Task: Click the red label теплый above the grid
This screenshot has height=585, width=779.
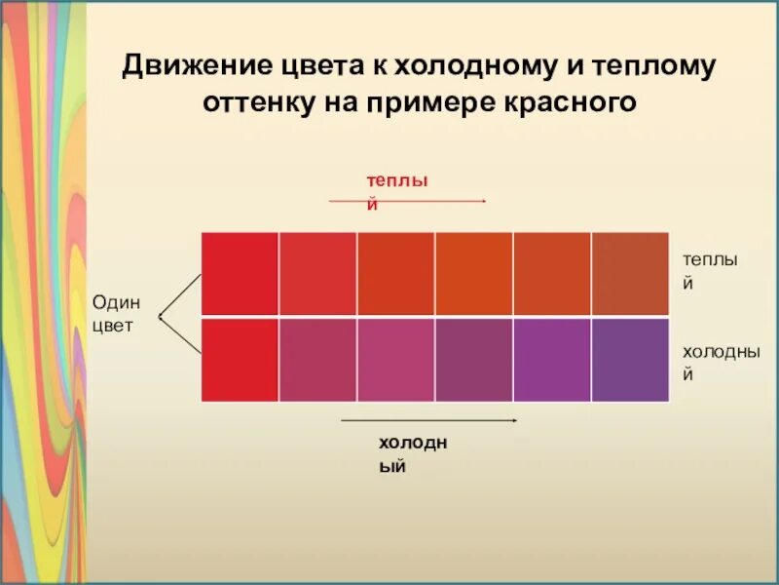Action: click(x=398, y=190)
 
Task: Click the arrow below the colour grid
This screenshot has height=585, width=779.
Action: click(x=429, y=420)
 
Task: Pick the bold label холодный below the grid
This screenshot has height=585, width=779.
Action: click(x=413, y=454)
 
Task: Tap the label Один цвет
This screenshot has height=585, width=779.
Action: click(x=116, y=314)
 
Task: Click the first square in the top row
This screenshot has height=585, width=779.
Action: click(x=240, y=274)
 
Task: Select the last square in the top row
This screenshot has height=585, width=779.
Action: click(x=630, y=274)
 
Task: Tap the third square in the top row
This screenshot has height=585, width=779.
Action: click(x=396, y=274)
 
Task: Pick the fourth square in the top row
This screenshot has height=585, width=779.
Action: click(x=474, y=274)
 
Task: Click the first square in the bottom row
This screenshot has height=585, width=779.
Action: click(x=240, y=359)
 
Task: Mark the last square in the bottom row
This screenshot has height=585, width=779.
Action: click(x=630, y=359)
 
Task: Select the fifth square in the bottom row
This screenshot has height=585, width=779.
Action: click(x=552, y=359)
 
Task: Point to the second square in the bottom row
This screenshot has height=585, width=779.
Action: click(x=318, y=359)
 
